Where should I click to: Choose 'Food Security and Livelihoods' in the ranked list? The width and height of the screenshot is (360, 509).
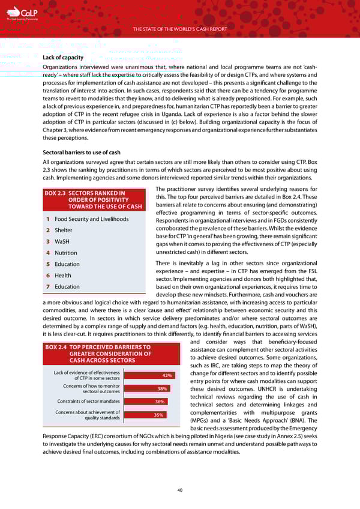[91, 219]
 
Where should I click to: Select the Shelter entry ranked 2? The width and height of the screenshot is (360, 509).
[63, 230]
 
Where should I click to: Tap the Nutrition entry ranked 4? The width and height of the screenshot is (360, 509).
[66, 253]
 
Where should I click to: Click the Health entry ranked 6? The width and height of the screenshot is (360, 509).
[63, 276]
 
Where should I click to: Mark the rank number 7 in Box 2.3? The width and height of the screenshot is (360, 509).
[47, 286]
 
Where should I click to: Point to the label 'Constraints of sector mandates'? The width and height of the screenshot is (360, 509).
[89, 402]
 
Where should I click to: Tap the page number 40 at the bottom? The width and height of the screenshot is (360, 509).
[180, 490]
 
